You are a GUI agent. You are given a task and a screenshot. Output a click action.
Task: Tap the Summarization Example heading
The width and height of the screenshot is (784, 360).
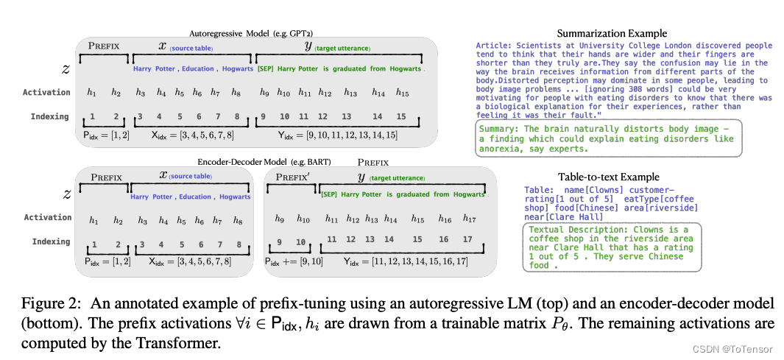click(612, 33)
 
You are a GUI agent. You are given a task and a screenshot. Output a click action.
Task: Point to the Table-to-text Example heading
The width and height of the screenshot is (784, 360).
click(608, 177)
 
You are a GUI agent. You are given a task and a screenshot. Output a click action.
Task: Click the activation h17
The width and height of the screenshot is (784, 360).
click(469, 219)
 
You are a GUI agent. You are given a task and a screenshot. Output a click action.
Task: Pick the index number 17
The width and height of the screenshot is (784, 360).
click(467, 240)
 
